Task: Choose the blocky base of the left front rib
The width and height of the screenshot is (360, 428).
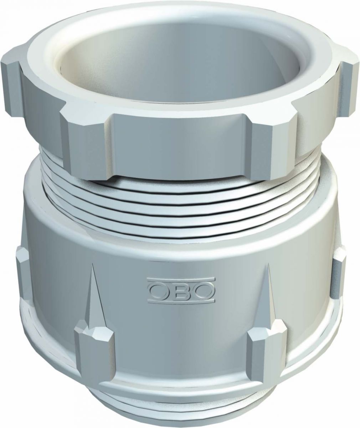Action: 93,342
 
